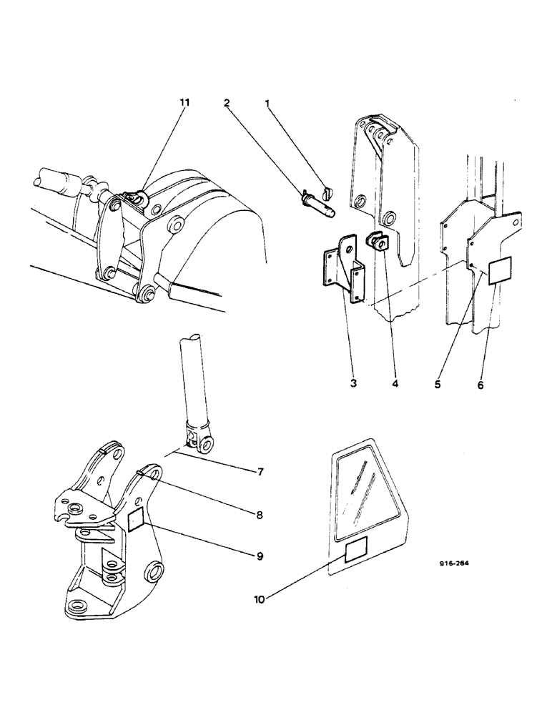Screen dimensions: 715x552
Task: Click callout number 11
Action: pos(185,103)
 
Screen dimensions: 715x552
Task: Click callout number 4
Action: pos(395,384)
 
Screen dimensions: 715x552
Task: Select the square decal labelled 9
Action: pos(137,521)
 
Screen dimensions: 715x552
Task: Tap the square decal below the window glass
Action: pos(358,552)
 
